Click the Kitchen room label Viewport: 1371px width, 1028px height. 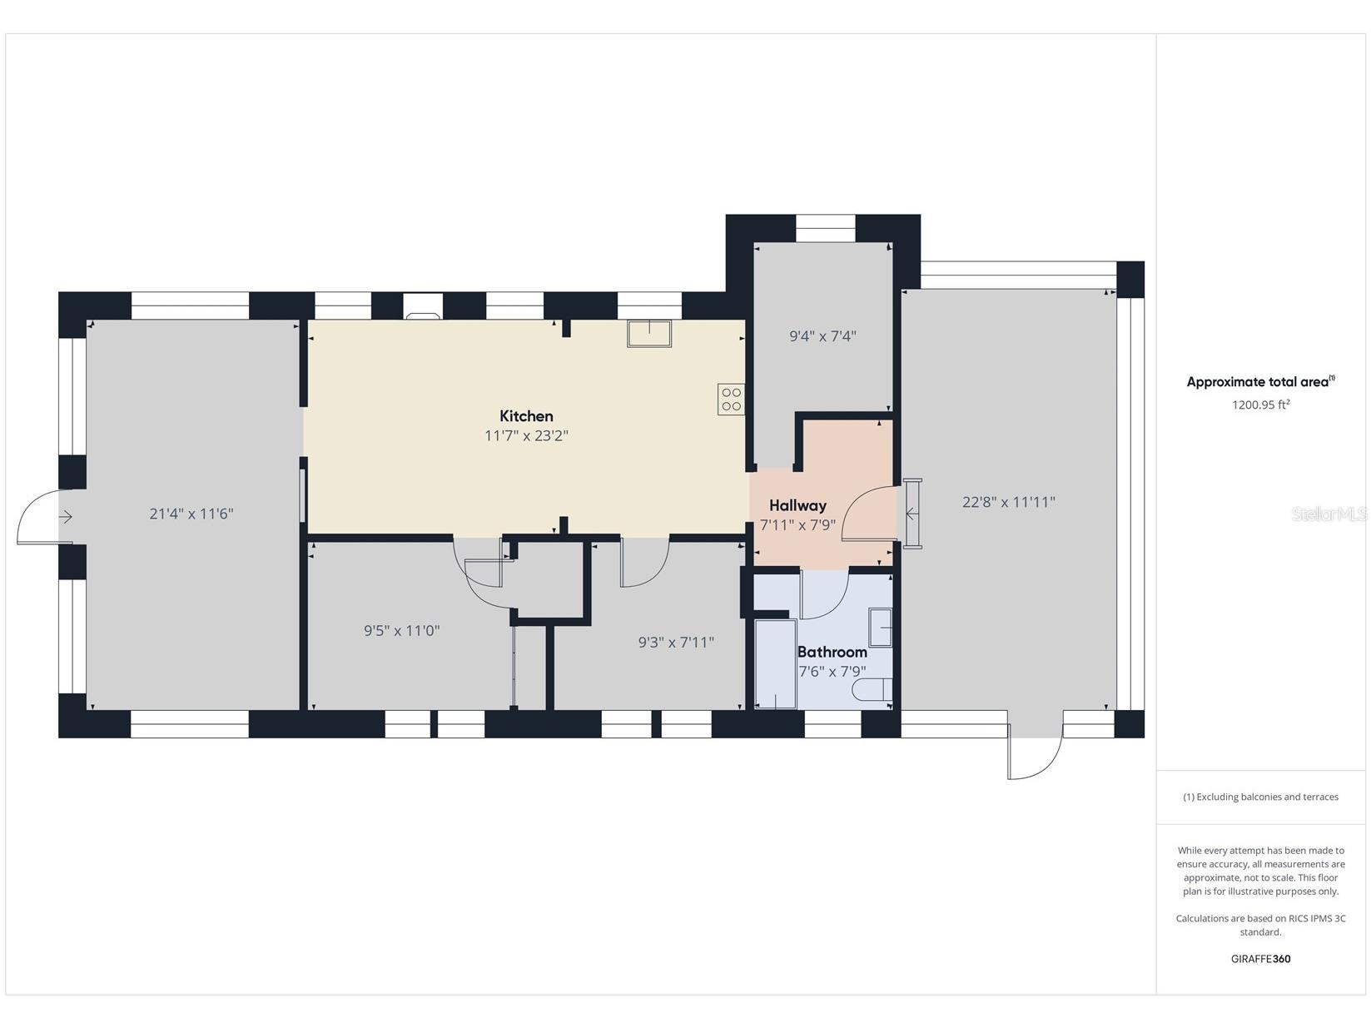point(526,416)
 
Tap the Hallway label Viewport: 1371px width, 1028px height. point(797,505)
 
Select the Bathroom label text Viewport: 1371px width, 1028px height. point(832,652)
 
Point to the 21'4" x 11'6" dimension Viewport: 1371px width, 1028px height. point(191,514)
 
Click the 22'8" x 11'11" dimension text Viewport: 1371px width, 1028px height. point(1008,502)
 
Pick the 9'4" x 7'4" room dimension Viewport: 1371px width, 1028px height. point(822,336)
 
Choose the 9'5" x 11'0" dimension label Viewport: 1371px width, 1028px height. point(401,631)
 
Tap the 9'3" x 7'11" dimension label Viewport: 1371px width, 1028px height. point(676,643)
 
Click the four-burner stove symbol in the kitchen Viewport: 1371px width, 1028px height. point(731,399)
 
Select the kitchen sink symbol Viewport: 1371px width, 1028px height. point(649,334)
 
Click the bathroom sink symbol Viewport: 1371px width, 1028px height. point(881,627)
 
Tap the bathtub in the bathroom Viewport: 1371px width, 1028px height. point(775,664)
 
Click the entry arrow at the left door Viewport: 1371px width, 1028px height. point(66,517)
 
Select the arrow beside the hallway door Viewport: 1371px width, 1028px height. point(912,514)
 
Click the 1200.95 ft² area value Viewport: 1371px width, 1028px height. point(1260,405)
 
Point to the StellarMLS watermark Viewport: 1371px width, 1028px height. point(1329,514)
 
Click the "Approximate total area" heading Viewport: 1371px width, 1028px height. point(1260,381)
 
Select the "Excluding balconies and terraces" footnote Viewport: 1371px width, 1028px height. point(1260,797)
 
